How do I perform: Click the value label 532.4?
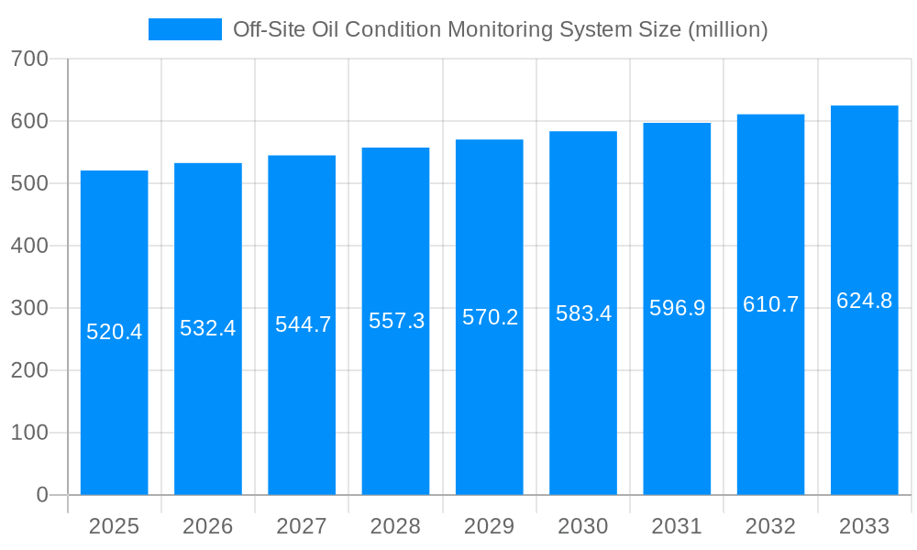[208, 328]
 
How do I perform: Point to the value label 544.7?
[303, 324]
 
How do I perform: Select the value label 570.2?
[490, 317]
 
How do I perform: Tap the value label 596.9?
[677, 308]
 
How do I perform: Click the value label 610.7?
[770, 304]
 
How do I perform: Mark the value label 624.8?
[864, 301]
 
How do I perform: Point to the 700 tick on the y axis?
[29, 59]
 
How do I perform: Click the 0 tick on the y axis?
[41, 495]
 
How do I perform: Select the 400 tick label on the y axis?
[29, 246]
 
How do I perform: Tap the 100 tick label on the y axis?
[29, 433]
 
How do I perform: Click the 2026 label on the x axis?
[208, 526]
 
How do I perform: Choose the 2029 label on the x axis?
[490, 526]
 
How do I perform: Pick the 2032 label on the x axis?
[770, 526]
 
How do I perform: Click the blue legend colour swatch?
[185, 29]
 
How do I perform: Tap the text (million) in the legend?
[725, 29]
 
